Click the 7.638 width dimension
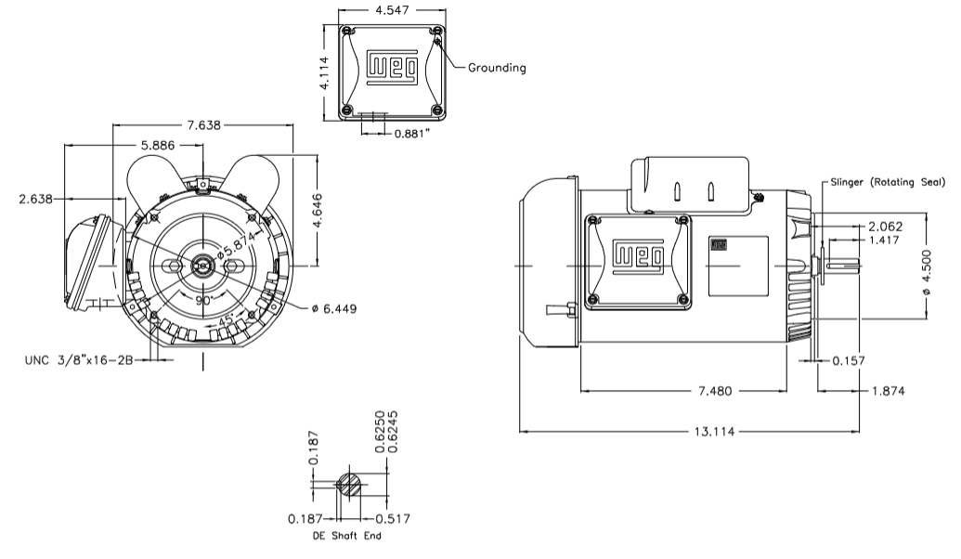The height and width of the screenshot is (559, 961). [203, 124]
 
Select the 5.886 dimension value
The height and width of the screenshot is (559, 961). [162, 146]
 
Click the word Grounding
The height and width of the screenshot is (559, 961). [497, 68]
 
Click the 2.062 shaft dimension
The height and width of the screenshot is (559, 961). [885, 226]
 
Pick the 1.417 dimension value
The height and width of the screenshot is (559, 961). [885, 240]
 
